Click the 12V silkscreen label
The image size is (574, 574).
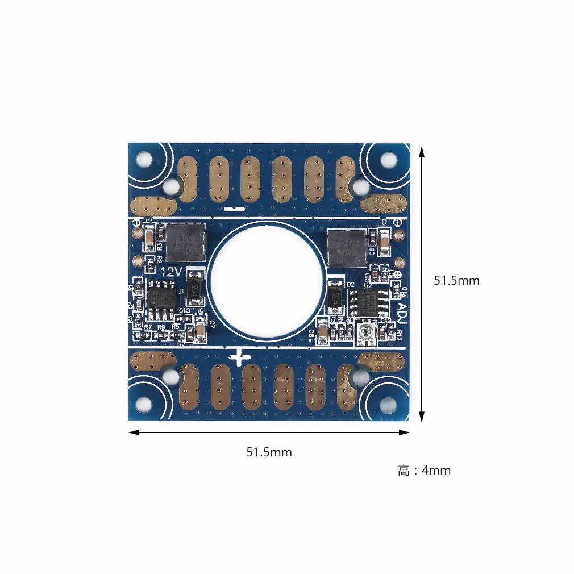pyautogui.click(x=172, y=272)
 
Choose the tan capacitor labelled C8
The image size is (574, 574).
pyautogui.click(x=322, y=334)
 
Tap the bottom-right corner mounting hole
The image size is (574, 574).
pyautogui.click(x=388, y=404)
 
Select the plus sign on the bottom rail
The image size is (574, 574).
pyautogui.click(x=239, y=358)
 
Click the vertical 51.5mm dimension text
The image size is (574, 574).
pyautogui.click(x=456, y=281)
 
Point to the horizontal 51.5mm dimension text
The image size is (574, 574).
pyautogui.click(x=269, y=452)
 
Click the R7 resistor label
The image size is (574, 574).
pyautogui.click(x=148, y=327)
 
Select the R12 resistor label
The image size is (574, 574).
pyautogui.click(x=399, y=336)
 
